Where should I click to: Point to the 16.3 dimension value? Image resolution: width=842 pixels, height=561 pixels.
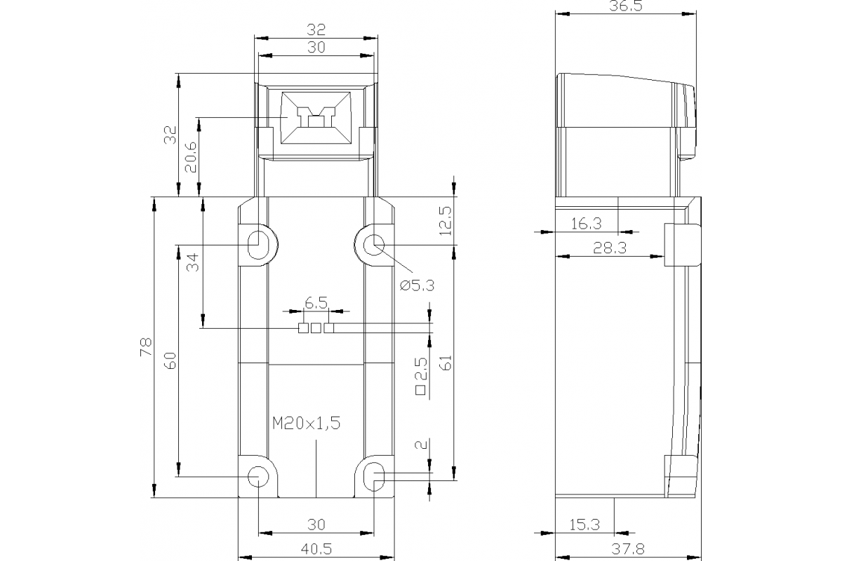(x=586, y=224)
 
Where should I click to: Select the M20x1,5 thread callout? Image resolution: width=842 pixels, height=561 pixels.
(x=306, y=424)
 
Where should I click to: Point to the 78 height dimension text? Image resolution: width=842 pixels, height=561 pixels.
(x=146, y=347)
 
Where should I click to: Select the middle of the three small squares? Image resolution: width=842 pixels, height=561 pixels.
(x=316, y=327)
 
